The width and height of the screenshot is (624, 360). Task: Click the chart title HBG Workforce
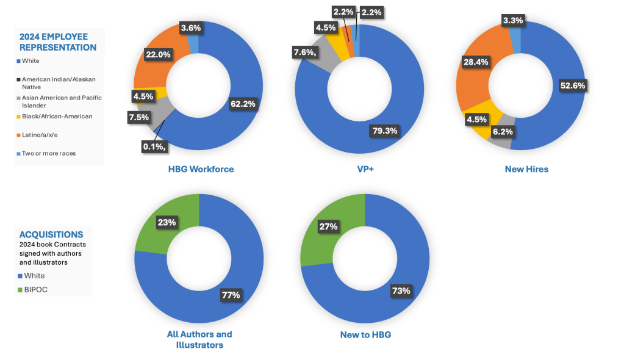point(201,169)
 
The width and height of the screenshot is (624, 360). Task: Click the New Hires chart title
point(526,169)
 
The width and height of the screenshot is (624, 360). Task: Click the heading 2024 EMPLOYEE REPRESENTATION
point(58,42)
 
